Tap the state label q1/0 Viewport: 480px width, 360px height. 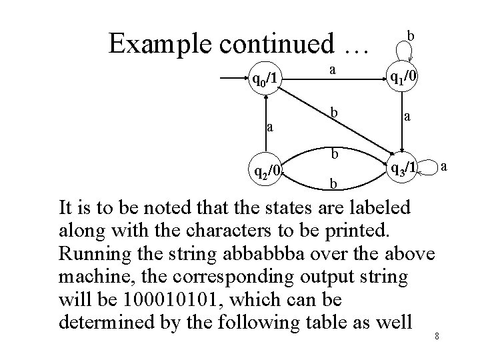pyautogui.click(x=405, y=78)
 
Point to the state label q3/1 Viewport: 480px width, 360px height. pyautogui.click(x=403, y=168)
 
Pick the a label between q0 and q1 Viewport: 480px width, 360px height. pyautogui.click(x=333, y=69)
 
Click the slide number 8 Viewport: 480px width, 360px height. pyautogui.click(x=436, y=335)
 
